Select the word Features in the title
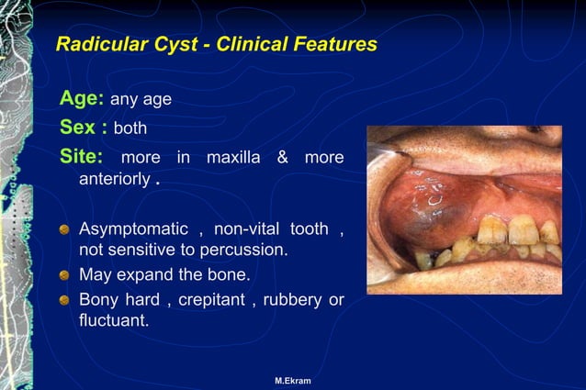(334, 44)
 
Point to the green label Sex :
(84, 127)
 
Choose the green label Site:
(83, 157)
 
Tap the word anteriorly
(114, 179)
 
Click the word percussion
(246, 250)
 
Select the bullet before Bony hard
(65, 300)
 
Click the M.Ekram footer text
(292, 380)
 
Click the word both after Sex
(130, 128)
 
